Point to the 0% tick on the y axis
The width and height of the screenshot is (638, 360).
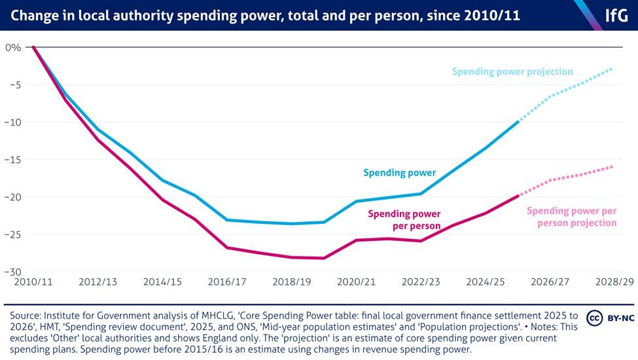(12, 48)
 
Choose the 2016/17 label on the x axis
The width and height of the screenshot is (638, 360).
(227, 282)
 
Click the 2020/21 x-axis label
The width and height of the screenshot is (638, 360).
(357, 282)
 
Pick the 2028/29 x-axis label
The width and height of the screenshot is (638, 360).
(614, 282)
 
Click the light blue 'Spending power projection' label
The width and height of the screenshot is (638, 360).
(512, 72)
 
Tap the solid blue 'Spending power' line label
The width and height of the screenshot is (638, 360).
(400, 173)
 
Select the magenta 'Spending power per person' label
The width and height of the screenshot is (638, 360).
(404, 219)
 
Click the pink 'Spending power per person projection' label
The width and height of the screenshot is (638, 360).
(572, 217)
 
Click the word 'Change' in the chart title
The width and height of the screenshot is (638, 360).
(32, 15)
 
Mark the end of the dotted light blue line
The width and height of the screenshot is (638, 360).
(612, 68)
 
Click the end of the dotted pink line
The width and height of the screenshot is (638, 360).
(612, 167)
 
